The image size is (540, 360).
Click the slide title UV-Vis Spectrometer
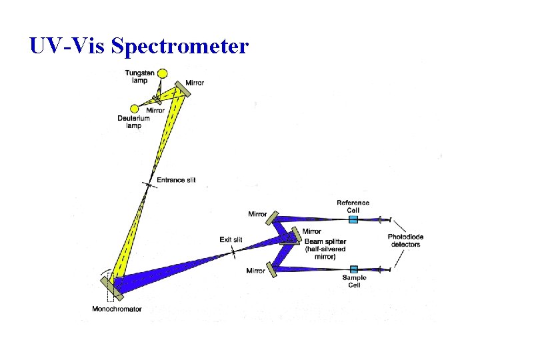pos(139,46)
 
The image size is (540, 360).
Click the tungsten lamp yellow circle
pos(161,73)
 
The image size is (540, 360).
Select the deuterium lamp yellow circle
pos(134,109)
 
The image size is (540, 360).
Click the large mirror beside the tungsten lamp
pos(183,90)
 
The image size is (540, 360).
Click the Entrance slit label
pos(176,180)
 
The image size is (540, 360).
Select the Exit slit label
pos(231,239)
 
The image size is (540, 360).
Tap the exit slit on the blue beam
pos(233,251)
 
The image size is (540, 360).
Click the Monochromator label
pos(117,309)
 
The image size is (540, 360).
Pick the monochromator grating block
pos(111,287)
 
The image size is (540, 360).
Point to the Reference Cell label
pos(353,206)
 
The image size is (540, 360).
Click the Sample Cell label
pos(354,281)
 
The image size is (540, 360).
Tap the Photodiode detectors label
pos(405,241)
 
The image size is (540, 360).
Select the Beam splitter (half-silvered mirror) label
pos(324,248)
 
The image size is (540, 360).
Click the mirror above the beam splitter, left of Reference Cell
pos(272,217)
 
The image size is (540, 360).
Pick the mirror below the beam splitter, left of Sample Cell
pos(272,269)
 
